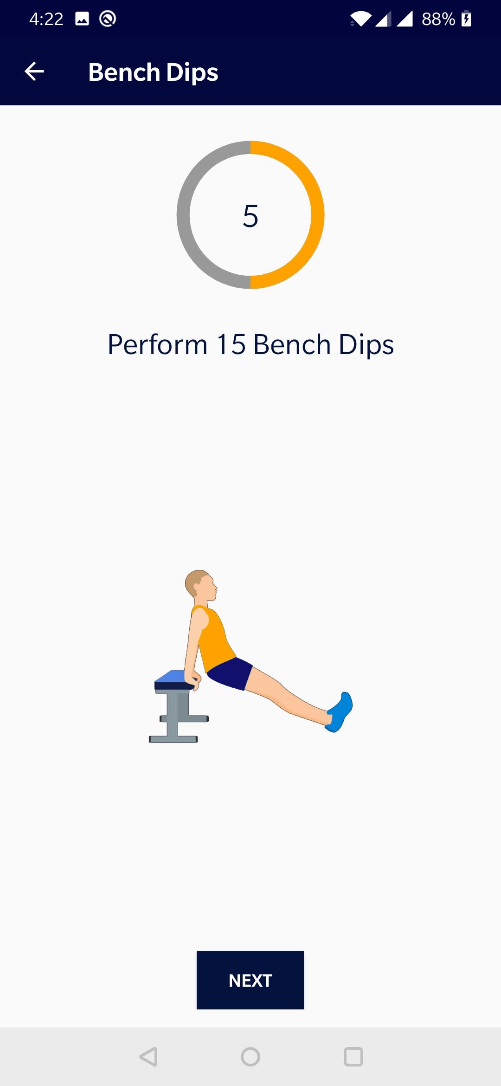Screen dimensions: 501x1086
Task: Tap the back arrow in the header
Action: (34, 71)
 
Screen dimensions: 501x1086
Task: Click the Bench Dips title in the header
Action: (153, 72)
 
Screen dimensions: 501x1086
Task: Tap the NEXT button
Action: (250, 980)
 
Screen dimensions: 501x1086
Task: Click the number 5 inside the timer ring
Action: (250, 216)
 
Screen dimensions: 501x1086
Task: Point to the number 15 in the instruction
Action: (231, 344)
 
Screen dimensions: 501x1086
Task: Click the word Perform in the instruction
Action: (157, 344)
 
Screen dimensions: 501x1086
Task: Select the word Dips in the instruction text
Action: (366, 345)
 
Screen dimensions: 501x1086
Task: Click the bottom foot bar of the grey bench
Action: (173, 739)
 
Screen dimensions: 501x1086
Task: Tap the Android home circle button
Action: (250, 1057)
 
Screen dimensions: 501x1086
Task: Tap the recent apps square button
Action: (353, 1057)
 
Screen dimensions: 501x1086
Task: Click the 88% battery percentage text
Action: (438, 19)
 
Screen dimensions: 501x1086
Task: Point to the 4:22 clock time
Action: (46, 19)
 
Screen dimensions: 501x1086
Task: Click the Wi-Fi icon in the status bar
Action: (360, 19)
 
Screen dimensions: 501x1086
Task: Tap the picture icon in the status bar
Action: (82, 19)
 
